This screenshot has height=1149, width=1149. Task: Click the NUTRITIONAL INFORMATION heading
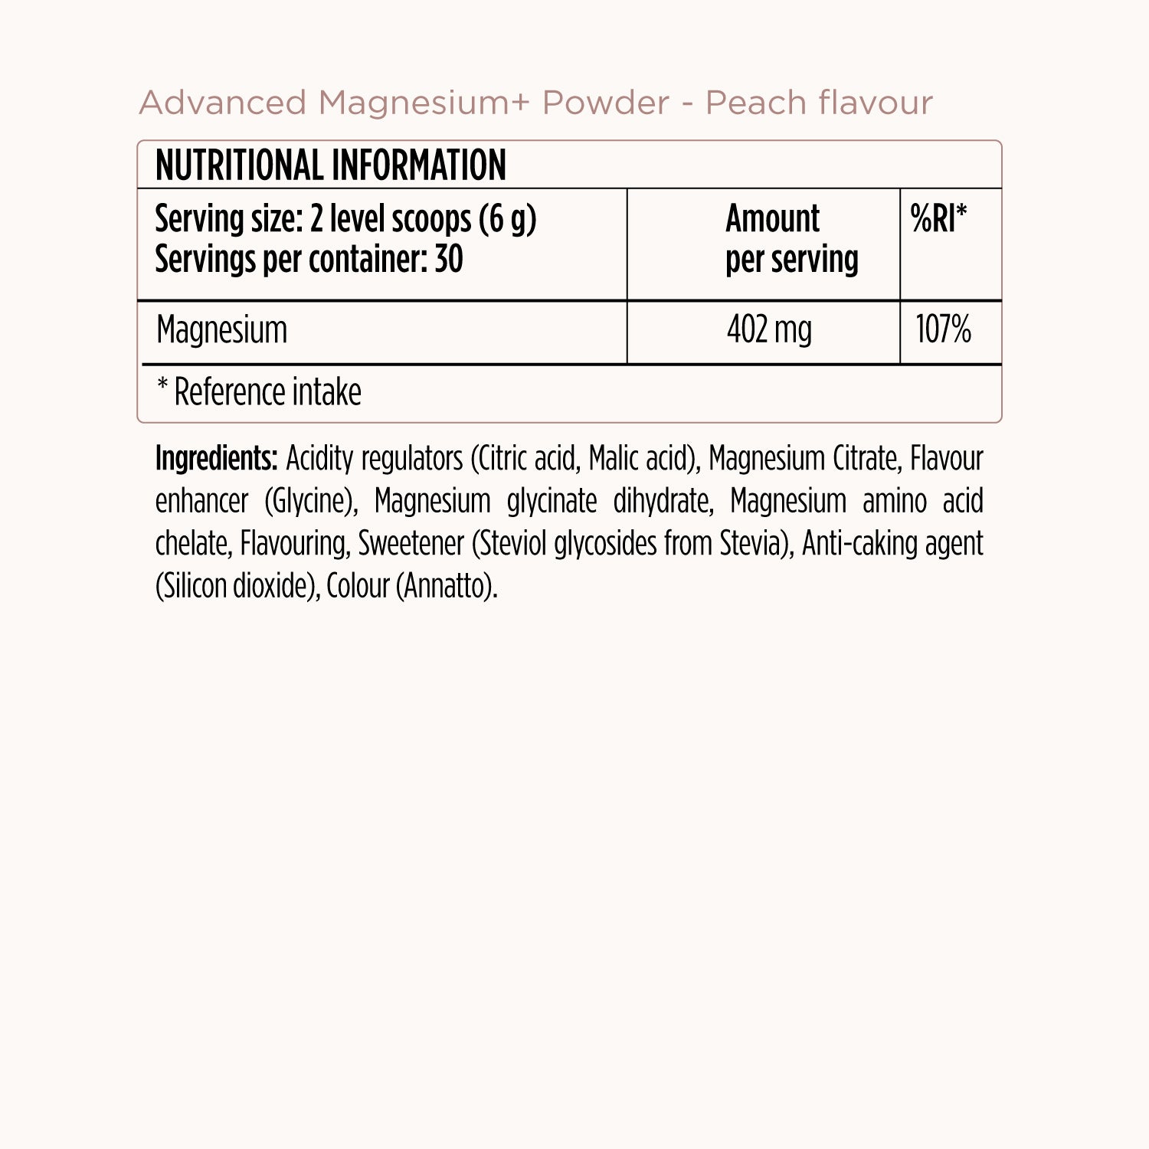(330, 165)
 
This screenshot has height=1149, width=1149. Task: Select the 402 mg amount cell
(768, 330)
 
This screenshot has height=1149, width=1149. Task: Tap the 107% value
(943, 330)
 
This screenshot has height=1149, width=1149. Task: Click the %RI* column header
(938, 219)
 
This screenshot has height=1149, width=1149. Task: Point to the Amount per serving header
(791, 239)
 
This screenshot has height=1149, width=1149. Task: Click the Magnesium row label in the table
(221, 330)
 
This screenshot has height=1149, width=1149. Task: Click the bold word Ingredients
(215, 459)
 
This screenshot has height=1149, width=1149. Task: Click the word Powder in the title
(605, 103)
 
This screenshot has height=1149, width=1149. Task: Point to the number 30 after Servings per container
(448, 260)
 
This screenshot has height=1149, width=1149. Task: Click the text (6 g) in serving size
(507, 220)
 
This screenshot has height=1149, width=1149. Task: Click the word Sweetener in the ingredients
(411, 544)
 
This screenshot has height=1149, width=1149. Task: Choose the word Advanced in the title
(223, 103)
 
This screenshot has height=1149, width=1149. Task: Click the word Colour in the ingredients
(358, 587)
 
